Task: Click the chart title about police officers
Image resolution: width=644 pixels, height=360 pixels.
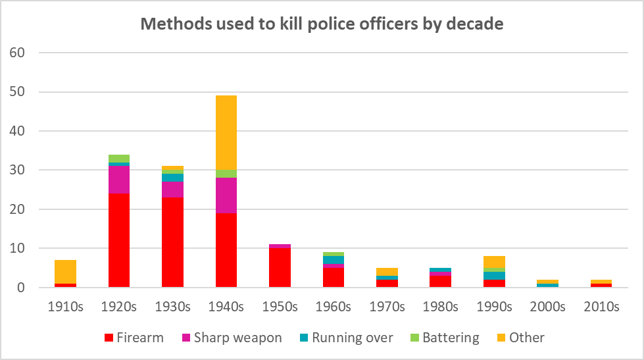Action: point(322,24)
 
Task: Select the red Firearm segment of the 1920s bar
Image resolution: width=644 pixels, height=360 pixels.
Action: point(118,240)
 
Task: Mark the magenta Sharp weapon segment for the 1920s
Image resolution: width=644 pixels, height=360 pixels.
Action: point(118,180)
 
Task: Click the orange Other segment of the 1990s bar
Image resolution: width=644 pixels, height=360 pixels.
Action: point(494,262)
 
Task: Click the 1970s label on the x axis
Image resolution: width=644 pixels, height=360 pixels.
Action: point(387,307)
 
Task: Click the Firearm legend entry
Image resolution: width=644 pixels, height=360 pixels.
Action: point(134,338)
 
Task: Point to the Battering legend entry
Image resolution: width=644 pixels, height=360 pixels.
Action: point(442,338)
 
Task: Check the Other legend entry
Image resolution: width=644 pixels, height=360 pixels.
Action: point(518,338)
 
